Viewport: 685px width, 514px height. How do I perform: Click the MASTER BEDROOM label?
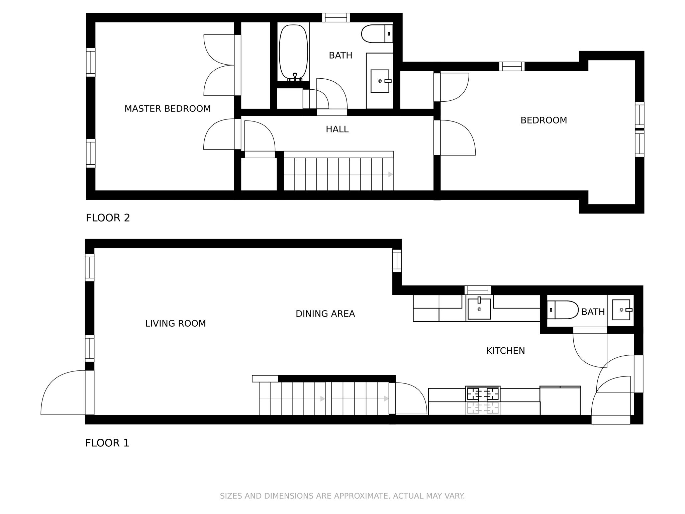[168, 109]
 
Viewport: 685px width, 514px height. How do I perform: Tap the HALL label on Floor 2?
[337, 129]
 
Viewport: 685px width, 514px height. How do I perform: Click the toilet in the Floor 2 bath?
[377, 34]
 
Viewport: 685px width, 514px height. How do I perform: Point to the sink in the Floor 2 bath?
[380, 81]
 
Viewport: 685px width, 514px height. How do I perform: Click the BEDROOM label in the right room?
[544, 120]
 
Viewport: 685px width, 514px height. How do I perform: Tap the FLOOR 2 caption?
[108, 218]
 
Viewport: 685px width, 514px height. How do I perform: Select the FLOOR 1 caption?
[107, 443]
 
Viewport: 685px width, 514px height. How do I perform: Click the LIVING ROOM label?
[175, 324]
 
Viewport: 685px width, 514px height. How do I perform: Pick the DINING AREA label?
[325, 314]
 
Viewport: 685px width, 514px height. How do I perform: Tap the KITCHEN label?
[505, 351]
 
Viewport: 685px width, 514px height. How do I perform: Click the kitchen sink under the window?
[479, 308]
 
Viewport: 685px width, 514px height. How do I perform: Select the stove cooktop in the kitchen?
[483, 394]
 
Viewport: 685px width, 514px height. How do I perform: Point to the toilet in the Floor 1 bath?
[563, 310]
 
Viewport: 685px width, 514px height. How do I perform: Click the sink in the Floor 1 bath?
[621, 310]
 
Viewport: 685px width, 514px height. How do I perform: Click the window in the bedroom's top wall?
[512, 66]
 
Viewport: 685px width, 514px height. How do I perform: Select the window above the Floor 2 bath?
[336, 17]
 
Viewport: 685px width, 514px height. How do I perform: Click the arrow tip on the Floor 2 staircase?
[392, 174]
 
